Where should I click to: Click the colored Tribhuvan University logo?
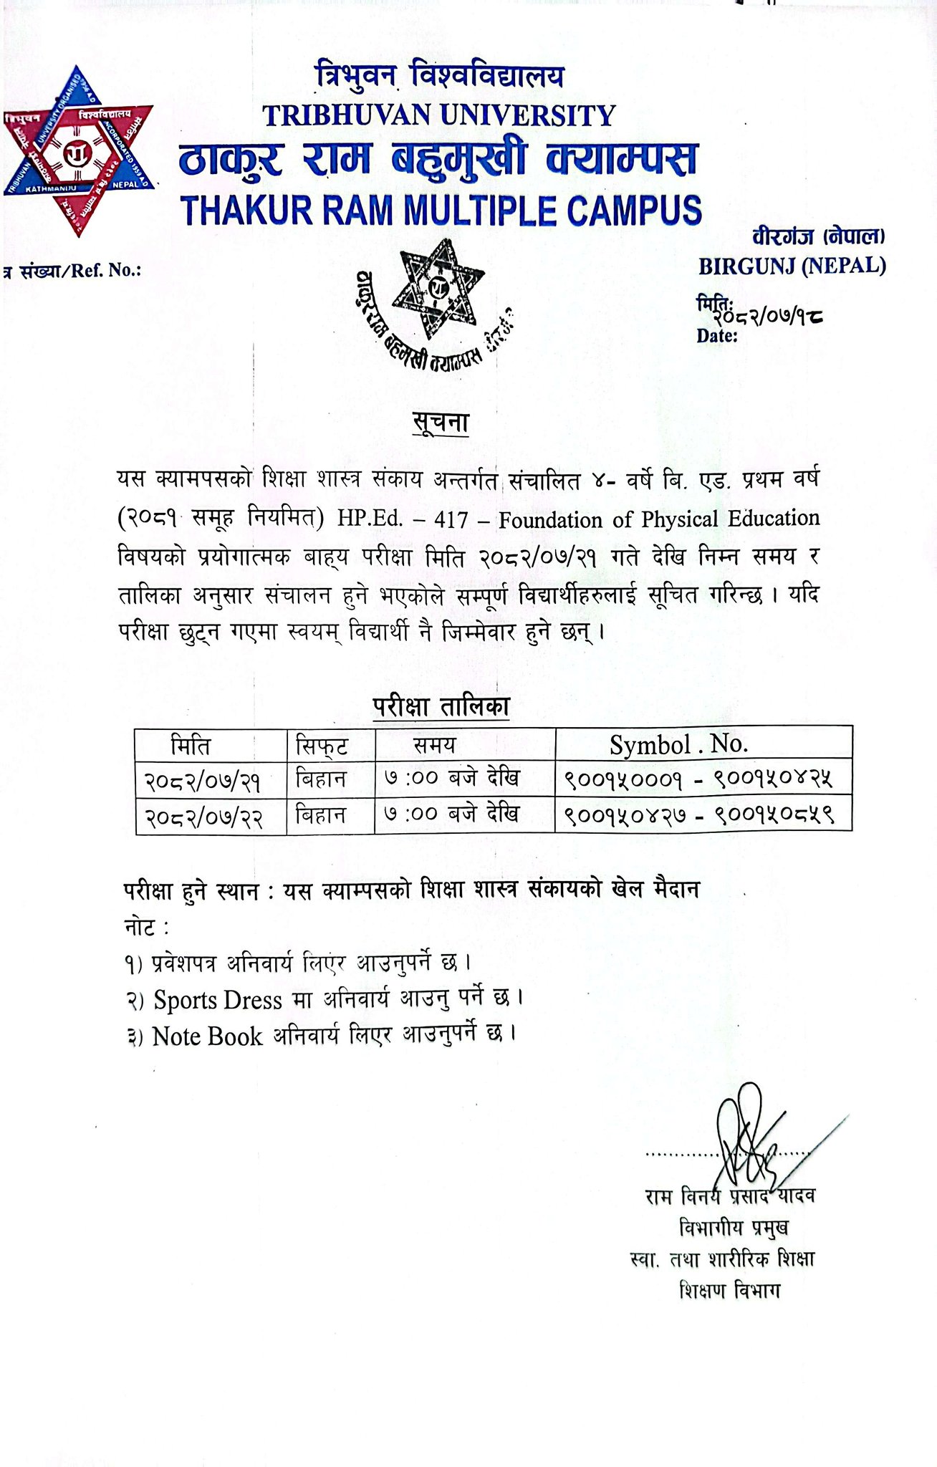coord(79,150)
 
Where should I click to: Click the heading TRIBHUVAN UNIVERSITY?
coord(439,115)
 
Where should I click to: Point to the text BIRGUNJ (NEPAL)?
coord(792,266)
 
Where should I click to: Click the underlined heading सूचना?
coord(440,423)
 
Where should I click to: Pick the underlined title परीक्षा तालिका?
coord(440,706)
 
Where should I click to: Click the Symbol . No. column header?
coord(679,744)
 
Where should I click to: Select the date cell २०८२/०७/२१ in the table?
coord(203,780)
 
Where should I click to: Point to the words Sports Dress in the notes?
coord(218,999)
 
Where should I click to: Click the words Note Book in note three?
coord(207,1036)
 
